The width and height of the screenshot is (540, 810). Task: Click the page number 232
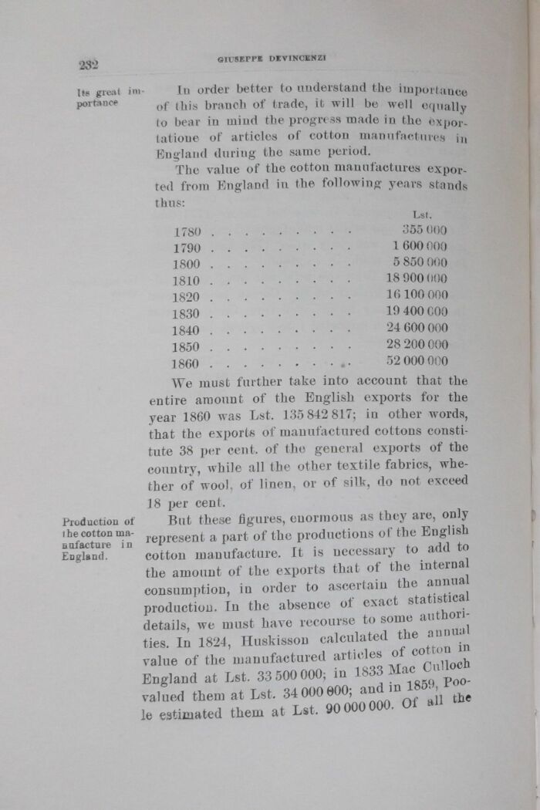coord(87,65)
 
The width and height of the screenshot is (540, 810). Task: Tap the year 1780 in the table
coord(187,231)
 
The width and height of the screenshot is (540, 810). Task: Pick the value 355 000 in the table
coord(424,229)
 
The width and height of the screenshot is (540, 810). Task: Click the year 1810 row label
coord(187,281)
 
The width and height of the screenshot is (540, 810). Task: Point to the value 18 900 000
coord(417,278)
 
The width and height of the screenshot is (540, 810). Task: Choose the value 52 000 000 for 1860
coord(417,360)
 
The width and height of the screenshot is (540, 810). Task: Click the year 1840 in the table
coord(187,330)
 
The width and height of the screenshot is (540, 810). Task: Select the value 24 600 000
coord(417,328)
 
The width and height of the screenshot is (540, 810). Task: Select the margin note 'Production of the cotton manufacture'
coord(98,538)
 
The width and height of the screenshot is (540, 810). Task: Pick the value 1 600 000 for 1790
coord(420,245)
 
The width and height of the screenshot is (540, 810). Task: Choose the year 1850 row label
coord(187,347)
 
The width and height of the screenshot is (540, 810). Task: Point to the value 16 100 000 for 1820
coord(417,295)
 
